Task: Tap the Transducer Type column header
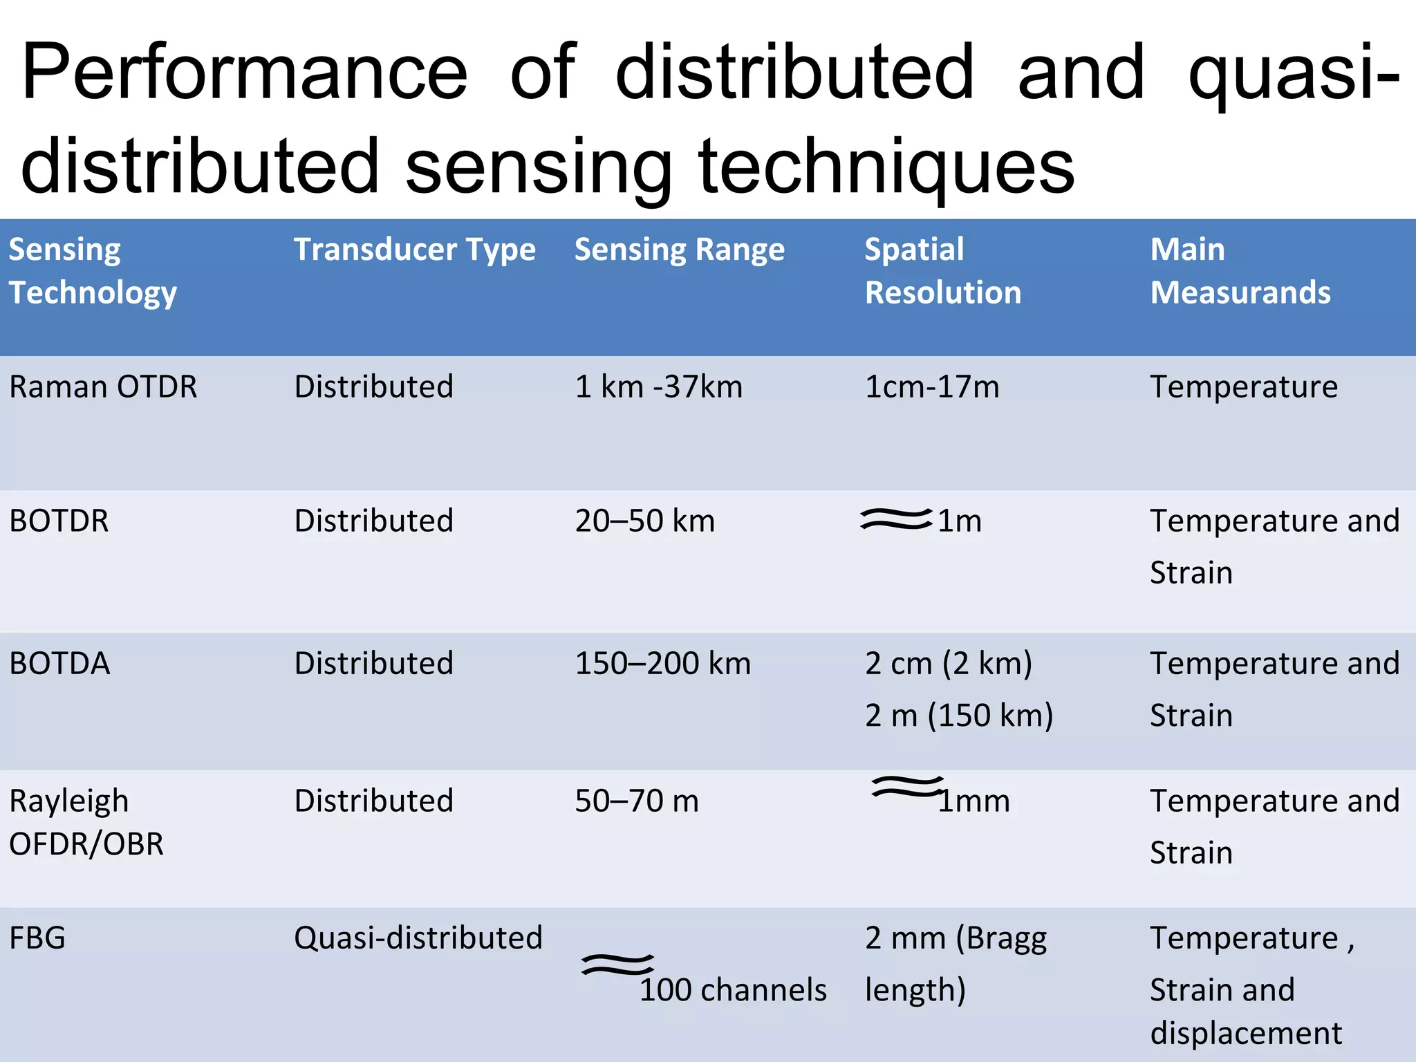tap(414, 250)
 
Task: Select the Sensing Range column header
tap(679, 250)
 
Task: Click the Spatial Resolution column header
tap(942, 270)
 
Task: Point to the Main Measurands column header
tap(1240, 270)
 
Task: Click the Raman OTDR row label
tap(103, 386)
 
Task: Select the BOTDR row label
tap(59, 521)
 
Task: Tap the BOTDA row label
tap(60, 663)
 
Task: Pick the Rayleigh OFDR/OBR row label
tap(86, 822)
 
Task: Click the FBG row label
tap(37, 938)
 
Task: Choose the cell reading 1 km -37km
tap(658, 386)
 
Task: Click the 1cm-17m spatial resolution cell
tap(931, 386)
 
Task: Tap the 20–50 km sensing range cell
tap(644, 521)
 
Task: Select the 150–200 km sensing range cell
tap(662, 663)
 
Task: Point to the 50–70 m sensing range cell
tap(637, 801)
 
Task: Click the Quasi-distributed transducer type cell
tap(418, 938)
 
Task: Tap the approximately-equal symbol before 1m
tap(895, 519)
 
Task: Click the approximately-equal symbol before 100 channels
tap(617, 964)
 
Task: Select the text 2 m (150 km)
tap(958, 715)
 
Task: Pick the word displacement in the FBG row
tap(1246, 1033)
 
